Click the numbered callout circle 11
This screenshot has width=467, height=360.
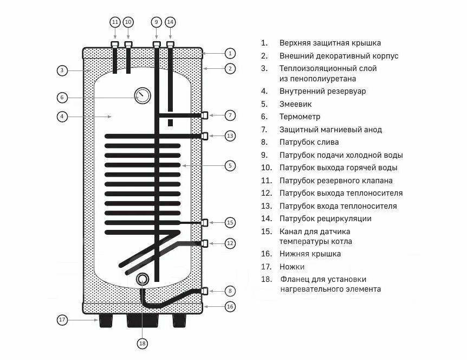(115, 22)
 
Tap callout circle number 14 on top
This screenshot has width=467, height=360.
(171, 22)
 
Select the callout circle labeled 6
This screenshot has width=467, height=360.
(62, 98)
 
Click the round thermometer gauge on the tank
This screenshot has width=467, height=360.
(142, 96)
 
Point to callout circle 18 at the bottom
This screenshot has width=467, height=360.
(142, 343)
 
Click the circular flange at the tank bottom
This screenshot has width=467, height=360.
(142, 280)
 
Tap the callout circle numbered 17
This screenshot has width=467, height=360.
(62, 320)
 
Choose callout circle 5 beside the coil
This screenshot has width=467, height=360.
(230, 165)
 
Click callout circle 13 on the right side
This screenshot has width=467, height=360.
(230, 136)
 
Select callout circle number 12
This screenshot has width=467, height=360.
(230, 243)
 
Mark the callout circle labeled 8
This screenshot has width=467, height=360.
(230, 291)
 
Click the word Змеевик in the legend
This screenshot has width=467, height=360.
(295, 104)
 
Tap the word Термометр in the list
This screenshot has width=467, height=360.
(300, 117)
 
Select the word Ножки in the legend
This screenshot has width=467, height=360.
(291, 267)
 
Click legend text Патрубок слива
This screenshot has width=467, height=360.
(309, 142)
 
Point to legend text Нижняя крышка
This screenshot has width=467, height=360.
(310, 254)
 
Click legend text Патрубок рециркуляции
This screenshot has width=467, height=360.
(325, 218)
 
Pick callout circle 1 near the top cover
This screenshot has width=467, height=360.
(230, 53)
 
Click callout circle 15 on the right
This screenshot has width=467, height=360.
(230, 222)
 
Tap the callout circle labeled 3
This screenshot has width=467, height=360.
(62, 70)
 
